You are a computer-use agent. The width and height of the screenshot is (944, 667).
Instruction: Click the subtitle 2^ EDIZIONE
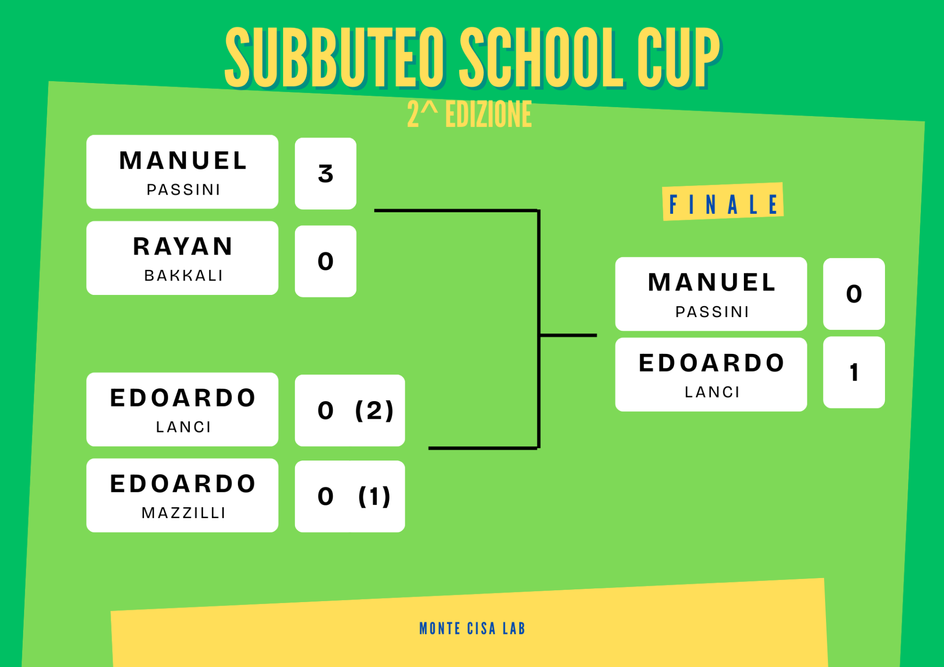pyautogui.click(x=469, y=115)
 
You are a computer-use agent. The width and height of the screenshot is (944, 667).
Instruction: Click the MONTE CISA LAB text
pyautogui.click(x=472, y=629)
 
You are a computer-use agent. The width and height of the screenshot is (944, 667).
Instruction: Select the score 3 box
pyautogui.click(x=325, y=174)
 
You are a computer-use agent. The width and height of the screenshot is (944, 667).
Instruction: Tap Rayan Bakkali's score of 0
pyautogui.click(x=325, y=261)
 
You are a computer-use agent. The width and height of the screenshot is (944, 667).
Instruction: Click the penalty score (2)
pyautogui.click(x=374, y=410)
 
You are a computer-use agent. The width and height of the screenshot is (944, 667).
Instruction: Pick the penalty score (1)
pyautogui.click(x=374, y=496)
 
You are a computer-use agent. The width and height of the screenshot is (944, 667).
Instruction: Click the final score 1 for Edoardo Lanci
pyautogui.click(x=854, y=373)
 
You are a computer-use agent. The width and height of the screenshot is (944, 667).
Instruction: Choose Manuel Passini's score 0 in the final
pyautogui.click(x=854, y=294)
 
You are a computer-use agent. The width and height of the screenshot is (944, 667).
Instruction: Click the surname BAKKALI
pyautogui.click(x=183, y=275)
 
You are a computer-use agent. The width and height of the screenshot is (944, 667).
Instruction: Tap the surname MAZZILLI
pyautogui.click(x=183, y=513)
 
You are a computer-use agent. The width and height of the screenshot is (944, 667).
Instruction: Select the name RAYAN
pyautogui.click(x=183, y=246)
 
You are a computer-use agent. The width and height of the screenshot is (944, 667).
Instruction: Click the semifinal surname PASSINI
pyautogui.click(x=183, y=189)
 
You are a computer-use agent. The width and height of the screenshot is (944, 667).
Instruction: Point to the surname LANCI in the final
pyautogui.click(x=712, y=392)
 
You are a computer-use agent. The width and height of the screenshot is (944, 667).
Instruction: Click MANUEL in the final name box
pyautogui.click(x=712, y=282)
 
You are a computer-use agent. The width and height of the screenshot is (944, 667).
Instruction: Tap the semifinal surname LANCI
pyautogui.click(x=183, y=427)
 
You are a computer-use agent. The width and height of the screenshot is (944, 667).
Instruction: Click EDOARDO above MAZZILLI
pyautogui.click(x=183, y=484)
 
